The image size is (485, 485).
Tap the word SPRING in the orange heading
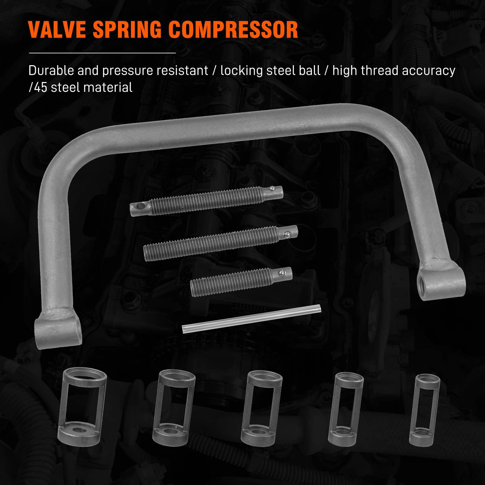click(x=127, y=30)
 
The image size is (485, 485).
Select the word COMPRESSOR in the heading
click(x=233, y=30)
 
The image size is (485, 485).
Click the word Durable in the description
click(x=51, y=70)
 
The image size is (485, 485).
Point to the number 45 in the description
click(x=41, y=87)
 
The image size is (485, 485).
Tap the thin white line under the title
click(x=102, y=53)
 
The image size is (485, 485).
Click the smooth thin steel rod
click(x=251, y=319)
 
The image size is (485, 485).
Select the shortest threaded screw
click(x=241, y=282)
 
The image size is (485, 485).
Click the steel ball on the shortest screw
click(x=282, y=273)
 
